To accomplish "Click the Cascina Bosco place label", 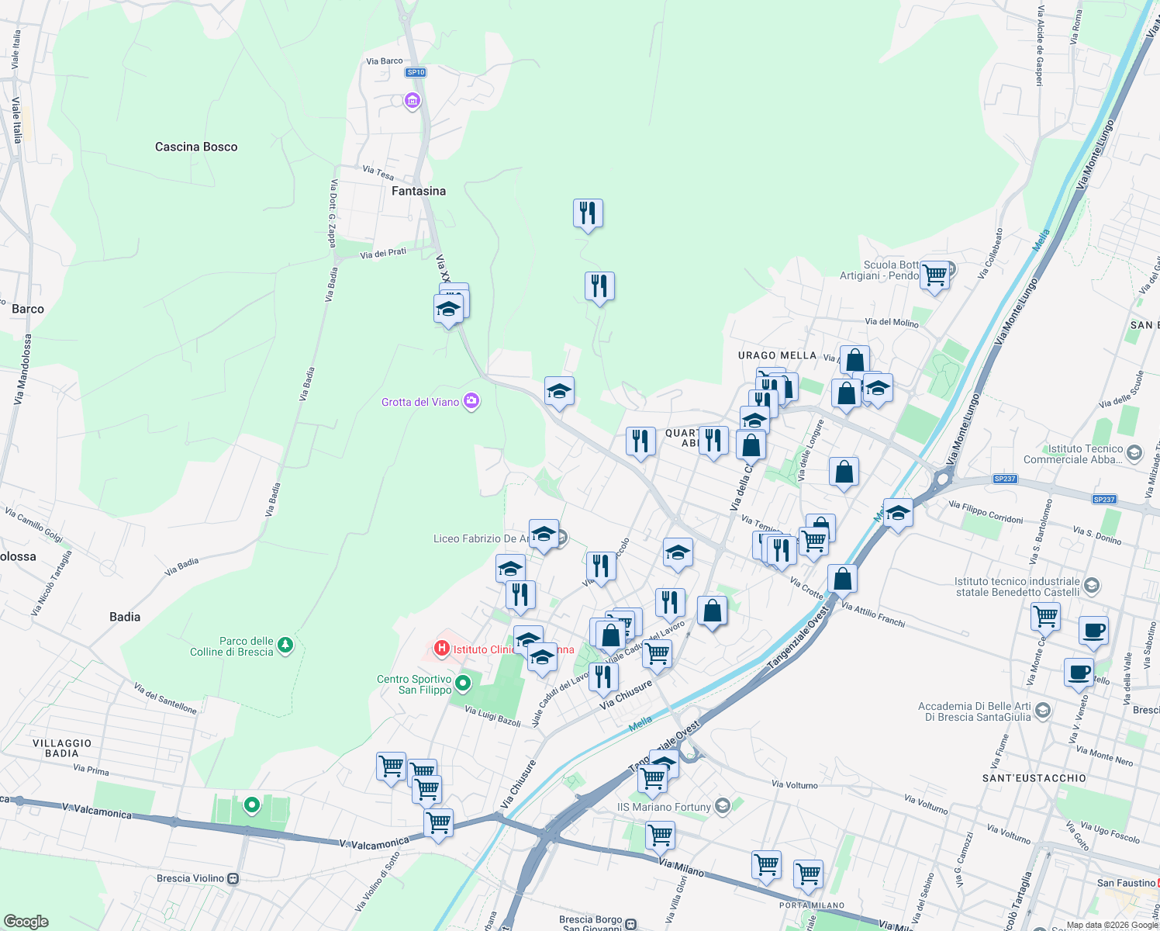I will (196, 147).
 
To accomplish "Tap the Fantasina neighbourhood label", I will (419, 191).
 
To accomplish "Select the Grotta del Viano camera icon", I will (471, 401).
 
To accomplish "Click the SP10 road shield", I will (416, 72).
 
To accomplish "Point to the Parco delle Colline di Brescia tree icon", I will (285, 645).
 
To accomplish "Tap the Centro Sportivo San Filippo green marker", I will (463, 684).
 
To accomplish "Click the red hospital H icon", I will (442, 648).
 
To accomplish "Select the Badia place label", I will (125, 617).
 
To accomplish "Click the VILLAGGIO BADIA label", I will (62, 748).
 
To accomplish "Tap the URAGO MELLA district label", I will (777, 355).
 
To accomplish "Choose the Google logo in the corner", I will (26, 922).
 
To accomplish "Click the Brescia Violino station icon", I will (233, 879).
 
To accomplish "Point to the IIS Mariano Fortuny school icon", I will (723, 806).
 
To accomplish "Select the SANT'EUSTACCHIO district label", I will (1034, 778).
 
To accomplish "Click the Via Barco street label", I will (385, 61).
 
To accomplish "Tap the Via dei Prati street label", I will (383, 253).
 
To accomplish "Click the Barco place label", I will (28, 309).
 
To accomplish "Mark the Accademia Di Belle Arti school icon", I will (1043, 710).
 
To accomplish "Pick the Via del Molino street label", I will (892, 322).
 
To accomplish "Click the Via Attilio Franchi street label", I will (873, 616).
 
